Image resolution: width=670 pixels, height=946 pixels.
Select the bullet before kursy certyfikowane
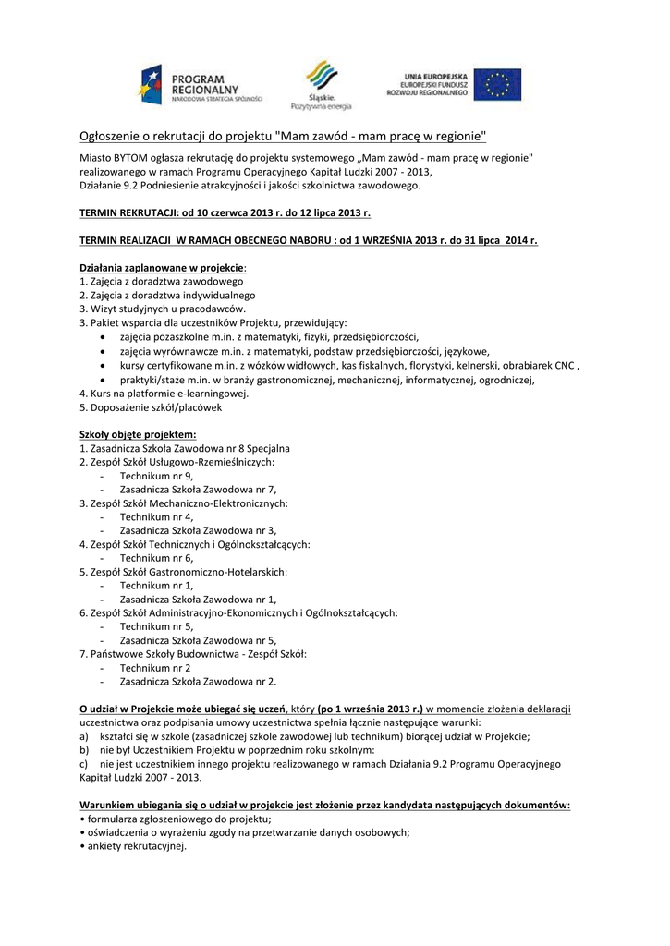pyautogui.click(x=101, y=365)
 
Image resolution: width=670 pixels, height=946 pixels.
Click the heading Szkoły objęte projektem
pyautogui.click(x=138, y=433)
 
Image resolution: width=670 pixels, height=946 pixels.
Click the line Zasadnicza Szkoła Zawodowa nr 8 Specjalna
pyautogui.click(x=185, y=447)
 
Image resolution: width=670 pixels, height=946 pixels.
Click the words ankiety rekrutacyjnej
pyautogui.click(x=134, y=846)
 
